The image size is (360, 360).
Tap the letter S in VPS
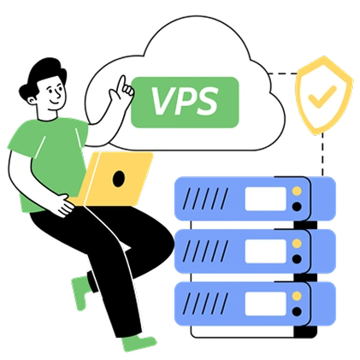(x=207, y=101)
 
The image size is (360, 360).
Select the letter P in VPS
(x=185, y=101)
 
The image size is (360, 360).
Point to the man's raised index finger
(x=122, y=82)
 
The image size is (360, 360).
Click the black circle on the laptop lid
(x=119, y=179)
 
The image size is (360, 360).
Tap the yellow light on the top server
(x=297, y=191)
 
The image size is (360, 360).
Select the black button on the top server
(x=297, y=206)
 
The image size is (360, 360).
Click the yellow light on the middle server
(x=297, y=244)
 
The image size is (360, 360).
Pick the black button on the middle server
(x=297, y=259)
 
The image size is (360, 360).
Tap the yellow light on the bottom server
(x=297, y=296)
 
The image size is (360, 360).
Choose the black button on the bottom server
(x=297, y=311)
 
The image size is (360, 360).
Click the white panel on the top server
(x=266, y=198)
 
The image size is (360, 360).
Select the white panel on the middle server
(x=266, y=251)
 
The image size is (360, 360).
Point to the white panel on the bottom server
(x=266, y=304)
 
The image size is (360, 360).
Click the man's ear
(x=32, y=100)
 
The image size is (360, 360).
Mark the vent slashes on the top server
(x=205, y=198)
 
